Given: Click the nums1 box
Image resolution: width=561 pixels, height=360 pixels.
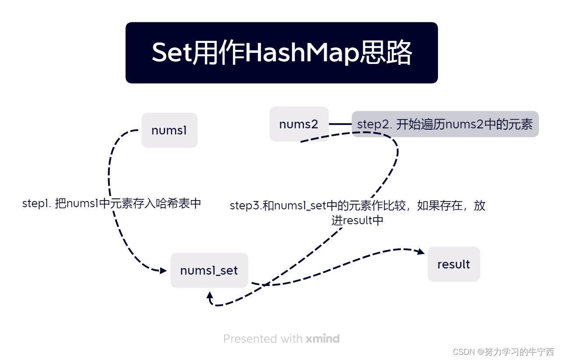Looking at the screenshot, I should click(x=169, y=130).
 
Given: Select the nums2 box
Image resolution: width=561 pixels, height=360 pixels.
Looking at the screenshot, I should click(x=299, y=124).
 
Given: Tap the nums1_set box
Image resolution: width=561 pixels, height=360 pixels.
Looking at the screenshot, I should click(x=209, y=270).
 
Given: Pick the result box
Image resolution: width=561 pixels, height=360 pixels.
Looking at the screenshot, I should click(x=454, y=264).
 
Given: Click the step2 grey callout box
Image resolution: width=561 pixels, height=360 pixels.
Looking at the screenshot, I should click(x=445, y=124).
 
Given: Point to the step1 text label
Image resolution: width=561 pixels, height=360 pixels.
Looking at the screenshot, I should click(x=112, y=204).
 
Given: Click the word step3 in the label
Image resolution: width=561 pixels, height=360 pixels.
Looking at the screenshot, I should click(x=245, y=206).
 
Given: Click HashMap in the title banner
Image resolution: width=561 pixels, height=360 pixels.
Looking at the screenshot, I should click(x=302, y=53).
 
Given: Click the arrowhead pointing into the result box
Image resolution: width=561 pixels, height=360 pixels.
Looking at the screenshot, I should click(x=421, y=252).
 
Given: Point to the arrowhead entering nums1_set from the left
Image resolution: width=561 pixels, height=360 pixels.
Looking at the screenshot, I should click(x=163, y=271).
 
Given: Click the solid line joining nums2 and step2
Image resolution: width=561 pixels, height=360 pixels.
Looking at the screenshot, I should click(x=340, y=124).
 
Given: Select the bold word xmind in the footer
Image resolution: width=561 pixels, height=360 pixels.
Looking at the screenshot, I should click(x=323, y=339).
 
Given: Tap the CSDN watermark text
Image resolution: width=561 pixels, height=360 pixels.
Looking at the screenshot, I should click(x=503, y=352).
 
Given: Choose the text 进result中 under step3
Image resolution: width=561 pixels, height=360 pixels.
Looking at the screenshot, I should click(x=357, y=220).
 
